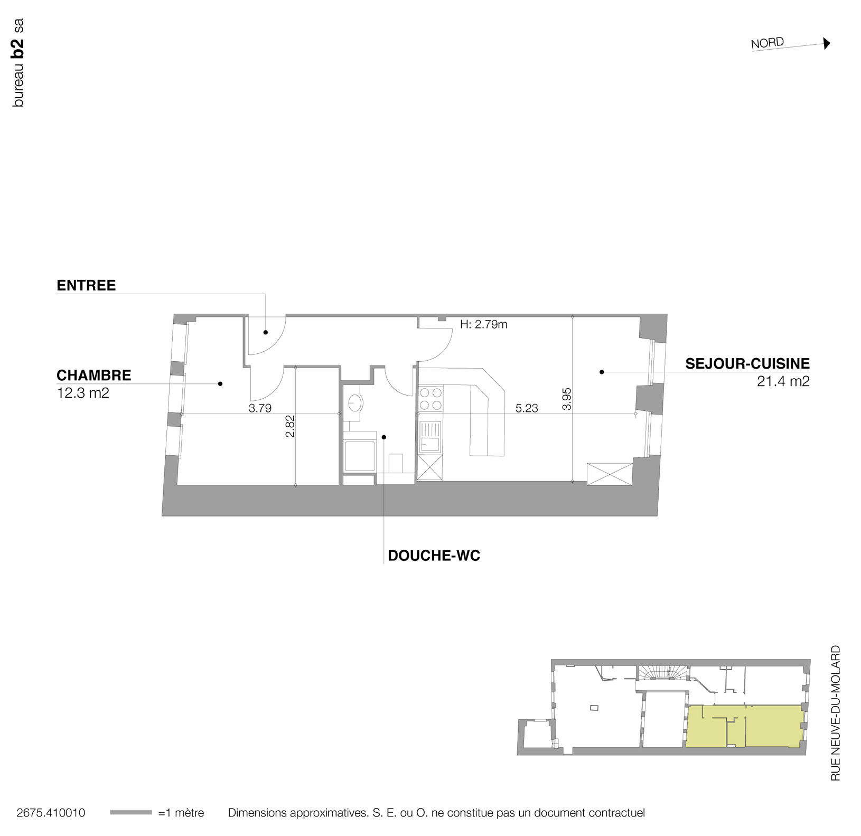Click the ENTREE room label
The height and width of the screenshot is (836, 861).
coord(86,286)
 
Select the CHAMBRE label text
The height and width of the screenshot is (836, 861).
coord(93,375)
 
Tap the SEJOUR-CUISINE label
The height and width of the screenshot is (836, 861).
coord(747,364)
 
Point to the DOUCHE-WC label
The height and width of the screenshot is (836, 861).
coord(434,556)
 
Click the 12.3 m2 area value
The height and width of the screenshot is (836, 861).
coord(83,393)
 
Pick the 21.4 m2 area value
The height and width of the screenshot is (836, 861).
coord(783,381)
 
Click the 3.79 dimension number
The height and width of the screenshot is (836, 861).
coord(260,408)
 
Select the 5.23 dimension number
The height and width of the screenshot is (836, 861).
coord(526,408)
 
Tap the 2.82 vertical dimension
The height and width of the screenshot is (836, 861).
coord(289,426)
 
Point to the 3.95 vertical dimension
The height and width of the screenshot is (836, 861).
coord(567,399)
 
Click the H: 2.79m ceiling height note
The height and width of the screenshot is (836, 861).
coord(483,324)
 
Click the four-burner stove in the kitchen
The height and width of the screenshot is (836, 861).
coord(430,399)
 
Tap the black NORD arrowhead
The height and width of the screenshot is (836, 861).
coord(827,43)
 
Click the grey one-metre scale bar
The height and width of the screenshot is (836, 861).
coord(130,812)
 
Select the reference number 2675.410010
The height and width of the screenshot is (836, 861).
coord(51,813)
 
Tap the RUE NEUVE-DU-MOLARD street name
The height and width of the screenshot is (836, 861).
coord(835,713)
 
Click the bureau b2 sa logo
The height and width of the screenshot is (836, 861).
coord(18,63)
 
